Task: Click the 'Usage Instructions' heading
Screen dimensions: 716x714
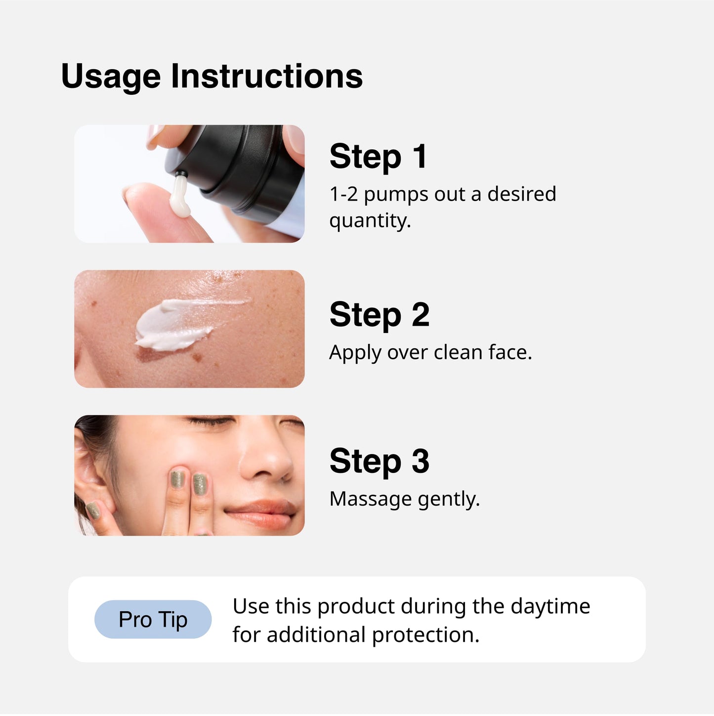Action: coord(211,77)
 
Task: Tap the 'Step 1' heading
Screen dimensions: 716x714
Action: coord(378,157)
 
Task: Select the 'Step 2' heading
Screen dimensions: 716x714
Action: coord(379,315)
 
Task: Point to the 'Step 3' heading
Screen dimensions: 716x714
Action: coord(379,461)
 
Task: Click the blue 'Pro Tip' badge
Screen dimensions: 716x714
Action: coord(153,619)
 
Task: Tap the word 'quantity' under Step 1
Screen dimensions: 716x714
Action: coord(369,221)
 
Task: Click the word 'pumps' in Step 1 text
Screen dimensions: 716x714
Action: coord(396,194)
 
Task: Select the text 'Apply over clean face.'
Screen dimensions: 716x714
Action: coord(430,353)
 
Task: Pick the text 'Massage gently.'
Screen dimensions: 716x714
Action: coord(404,499)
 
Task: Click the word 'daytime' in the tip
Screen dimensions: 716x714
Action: coord(550,606)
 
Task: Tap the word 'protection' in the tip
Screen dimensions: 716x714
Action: coord(425,635)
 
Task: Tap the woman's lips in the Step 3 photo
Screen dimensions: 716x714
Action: coord(262,514)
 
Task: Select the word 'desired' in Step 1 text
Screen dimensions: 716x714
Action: coord(521,194)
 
